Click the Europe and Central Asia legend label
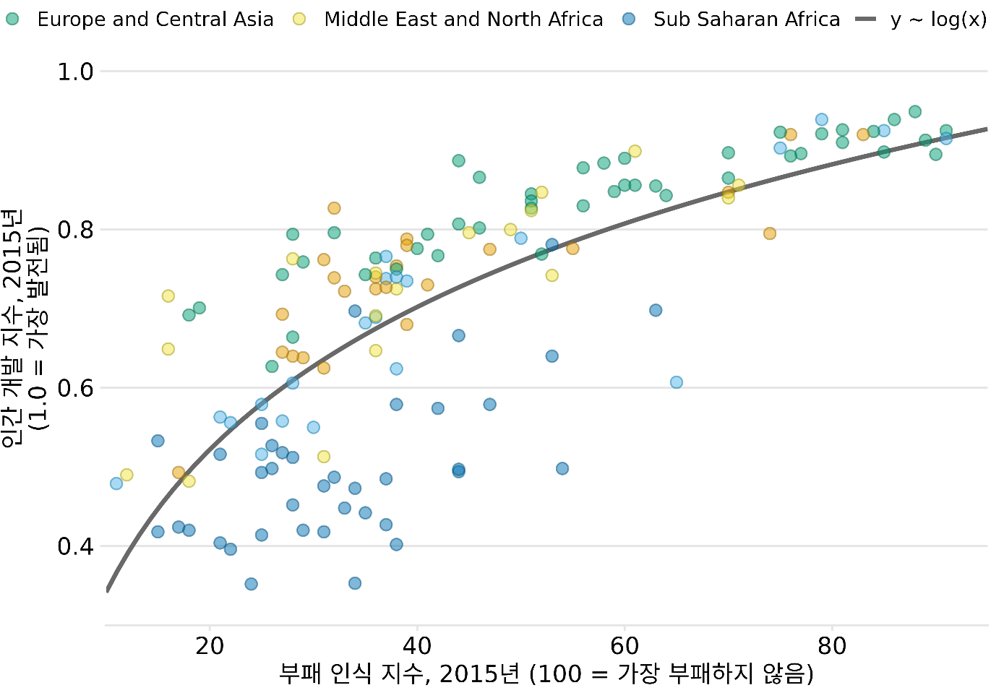pyautogui.click(x=155, y=20)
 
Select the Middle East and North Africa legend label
pyautogui.click(x=463, y=20)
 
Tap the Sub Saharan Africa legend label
pyautogui.click(x=747, y=20)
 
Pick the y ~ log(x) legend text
pyautogui.click(x=938, y=20)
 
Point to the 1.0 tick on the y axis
pyautogui.click(x=76, y=72)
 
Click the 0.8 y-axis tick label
pyautogui.click(x=76, y=230)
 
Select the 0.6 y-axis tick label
pyautogui.click(x=76, y=388)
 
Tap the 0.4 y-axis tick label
pyautogui.click(x=76, y=546)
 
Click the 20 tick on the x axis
pyautogui.click(x=210, y=645)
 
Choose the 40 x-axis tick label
pyautogui.click(x=417, y=645)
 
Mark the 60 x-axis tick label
pyautogui.click(x=625, y=645)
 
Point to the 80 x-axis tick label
pyautogui.click(x=832, y=645)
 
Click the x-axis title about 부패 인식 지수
pyautogui.click(x=546, y=674)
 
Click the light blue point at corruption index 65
pyautogui.click(x=677, y=382)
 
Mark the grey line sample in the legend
pyautogui.click(x=865, y=20)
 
